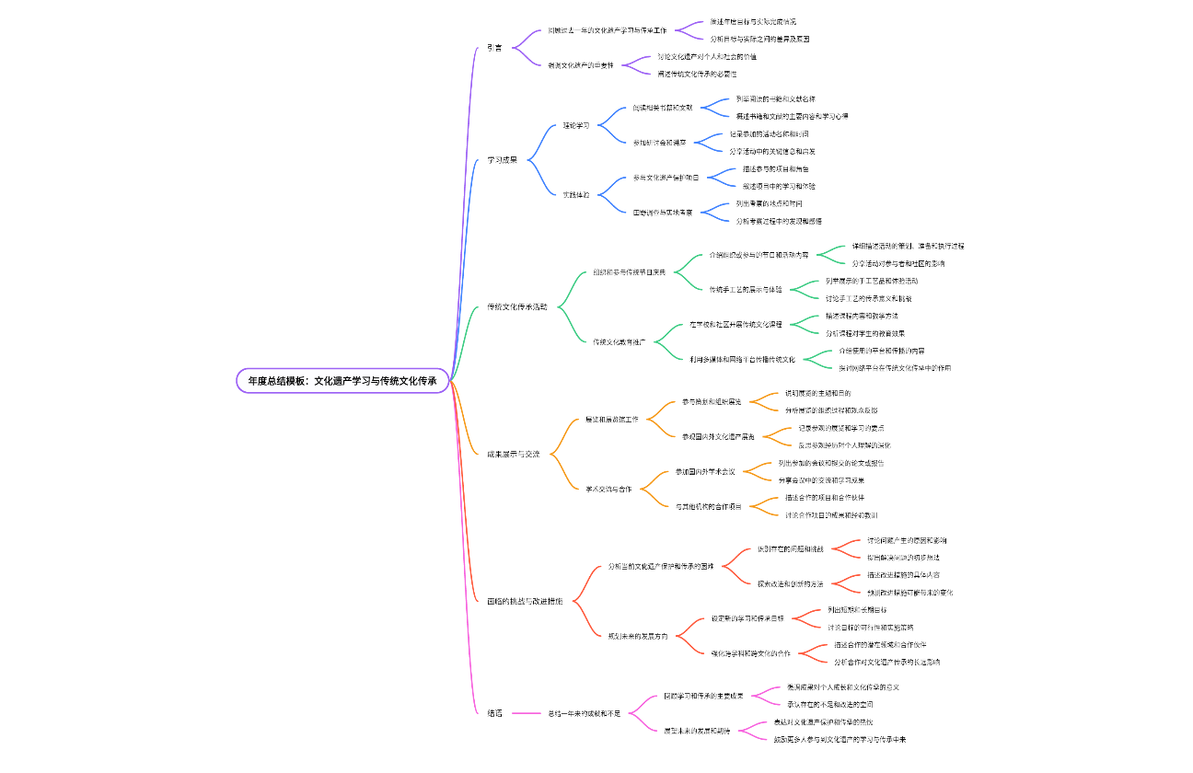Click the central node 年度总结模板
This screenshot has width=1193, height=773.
(342, 380)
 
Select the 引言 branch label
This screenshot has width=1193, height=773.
(494, 48)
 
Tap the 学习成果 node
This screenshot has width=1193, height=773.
(502, 159)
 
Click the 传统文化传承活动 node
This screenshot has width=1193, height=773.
(516, 306)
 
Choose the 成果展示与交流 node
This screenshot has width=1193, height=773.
(513, 454)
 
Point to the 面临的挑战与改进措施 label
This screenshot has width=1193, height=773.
(525, 601)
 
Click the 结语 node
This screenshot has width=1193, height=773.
(494, 713)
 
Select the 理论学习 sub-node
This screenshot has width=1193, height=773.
(576, 125)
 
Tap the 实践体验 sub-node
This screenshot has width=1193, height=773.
(576, 195)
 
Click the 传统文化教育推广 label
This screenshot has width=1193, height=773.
(620, 341)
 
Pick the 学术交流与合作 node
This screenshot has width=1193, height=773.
(608, 489)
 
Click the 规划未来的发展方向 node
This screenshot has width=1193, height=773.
(638, 636)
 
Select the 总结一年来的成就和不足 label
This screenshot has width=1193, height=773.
(585, 713)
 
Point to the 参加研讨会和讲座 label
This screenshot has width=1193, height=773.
(659, 143)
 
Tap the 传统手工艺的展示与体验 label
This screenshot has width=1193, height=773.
(746, 289)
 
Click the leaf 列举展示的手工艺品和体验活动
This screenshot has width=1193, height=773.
(872, 281)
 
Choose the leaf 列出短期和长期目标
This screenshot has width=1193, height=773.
(857, 610)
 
